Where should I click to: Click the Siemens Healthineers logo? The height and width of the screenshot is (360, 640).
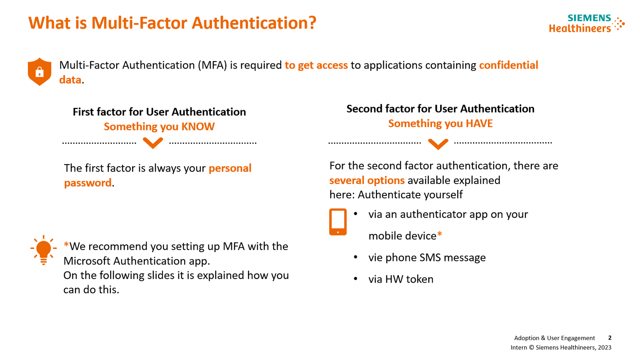pos(587,23)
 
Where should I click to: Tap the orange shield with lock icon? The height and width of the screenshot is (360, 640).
pos(40,71)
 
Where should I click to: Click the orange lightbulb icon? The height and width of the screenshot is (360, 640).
pos(43,249)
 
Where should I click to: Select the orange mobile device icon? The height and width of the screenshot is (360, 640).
pos(338,222)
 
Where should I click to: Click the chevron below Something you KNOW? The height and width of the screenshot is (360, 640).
pos(153,143)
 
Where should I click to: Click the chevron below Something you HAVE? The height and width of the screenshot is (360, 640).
pos(438,144)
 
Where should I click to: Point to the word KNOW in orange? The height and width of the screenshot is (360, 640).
pos(198,127)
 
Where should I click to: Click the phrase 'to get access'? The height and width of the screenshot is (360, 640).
pos(316,65)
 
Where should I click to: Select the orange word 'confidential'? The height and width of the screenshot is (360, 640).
pos(509,65)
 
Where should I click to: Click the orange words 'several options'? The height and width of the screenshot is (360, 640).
pos(367,180)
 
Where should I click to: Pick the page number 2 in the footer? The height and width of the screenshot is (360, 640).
pos(610,337)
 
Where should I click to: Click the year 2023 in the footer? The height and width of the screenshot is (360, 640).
pos(605,348)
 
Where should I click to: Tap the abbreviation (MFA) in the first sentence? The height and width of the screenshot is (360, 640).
pos(213,65)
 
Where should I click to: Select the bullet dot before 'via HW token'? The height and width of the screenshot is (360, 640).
pos(356,278)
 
